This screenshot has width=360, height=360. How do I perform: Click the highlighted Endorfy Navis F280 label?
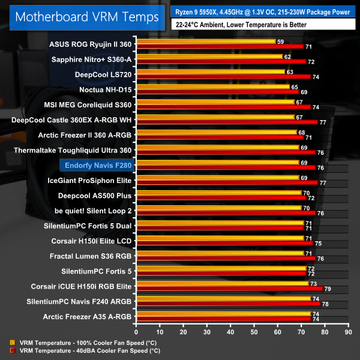pyautogui.click(x=95, y=163)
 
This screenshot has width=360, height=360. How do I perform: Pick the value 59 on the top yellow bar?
pyautogui.click(x=280, y=41)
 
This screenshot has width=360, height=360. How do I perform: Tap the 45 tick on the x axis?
pyautogui.click(x=242, y=331)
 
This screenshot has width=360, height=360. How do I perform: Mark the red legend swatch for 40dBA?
pyautogui.click(x=13, y=350)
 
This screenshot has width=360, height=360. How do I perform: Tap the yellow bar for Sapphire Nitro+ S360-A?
pyautogui.click(x=209, y=56)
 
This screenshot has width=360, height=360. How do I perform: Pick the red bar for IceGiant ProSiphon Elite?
pyautogui.click(x=226, y=182)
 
